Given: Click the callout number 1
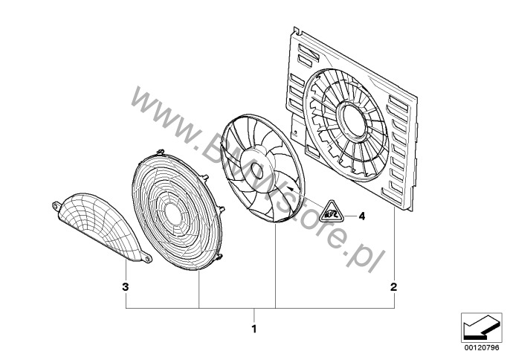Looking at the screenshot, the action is point(254,329).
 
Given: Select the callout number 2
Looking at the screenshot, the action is point(394,287).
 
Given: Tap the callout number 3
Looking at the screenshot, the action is point(126,287).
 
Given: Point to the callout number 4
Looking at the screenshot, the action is point(361,216).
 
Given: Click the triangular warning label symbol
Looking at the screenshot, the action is point(331,212).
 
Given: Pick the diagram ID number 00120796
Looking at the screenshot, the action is point(482,348).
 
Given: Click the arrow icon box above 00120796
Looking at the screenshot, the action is point(482,328).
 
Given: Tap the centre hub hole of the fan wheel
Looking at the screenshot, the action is point(256,171).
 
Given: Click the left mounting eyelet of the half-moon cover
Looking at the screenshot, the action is point(57,206).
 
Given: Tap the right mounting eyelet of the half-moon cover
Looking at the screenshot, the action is point(147,258).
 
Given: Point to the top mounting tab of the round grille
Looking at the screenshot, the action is point(161,152).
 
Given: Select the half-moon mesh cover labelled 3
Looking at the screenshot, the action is point(101,227).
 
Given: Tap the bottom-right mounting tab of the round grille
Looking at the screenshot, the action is point(219,257).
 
